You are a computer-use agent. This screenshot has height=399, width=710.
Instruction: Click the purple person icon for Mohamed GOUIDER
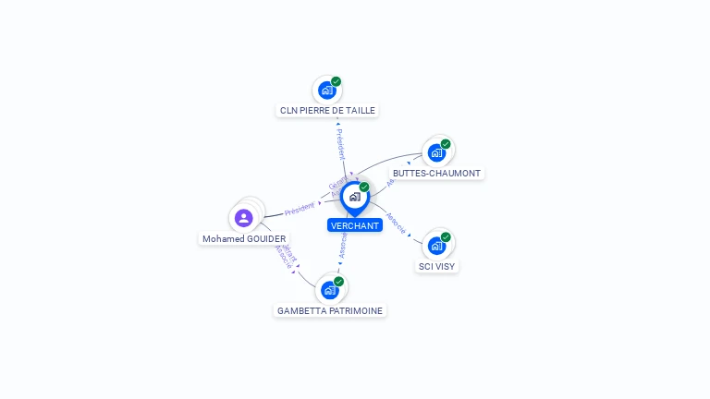click(243, 218)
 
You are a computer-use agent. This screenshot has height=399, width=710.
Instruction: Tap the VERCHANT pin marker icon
click(354, 197)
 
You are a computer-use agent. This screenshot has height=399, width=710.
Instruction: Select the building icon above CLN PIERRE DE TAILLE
click(326, 91)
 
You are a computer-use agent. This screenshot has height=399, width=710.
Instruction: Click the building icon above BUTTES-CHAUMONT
click(436, 153)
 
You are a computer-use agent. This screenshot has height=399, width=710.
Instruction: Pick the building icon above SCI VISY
click(436, 246)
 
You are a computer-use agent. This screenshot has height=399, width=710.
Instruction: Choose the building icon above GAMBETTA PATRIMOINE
click(329, 290)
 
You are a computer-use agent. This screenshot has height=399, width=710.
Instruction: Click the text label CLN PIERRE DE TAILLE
click(328, 110)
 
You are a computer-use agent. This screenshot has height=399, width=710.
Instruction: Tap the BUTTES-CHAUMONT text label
click(436, 173)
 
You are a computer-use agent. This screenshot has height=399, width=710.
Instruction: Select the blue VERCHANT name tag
click(355, 225)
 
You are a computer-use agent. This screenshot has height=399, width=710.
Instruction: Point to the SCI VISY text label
click(436, 266)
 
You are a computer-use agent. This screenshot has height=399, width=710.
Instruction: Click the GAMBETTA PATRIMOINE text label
click(330, 311)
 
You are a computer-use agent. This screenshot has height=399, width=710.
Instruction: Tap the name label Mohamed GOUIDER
click(244, 239)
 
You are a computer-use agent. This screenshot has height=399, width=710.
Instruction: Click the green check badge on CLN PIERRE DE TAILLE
click(337, 81)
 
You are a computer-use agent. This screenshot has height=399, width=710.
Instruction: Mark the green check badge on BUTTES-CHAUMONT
click(446, 144)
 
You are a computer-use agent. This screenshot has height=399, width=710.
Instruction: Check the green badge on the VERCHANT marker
click(364, 187)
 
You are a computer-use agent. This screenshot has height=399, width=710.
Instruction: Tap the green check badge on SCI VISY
click(446, 237)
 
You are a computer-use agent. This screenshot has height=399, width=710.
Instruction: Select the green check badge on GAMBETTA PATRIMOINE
click(339, 281)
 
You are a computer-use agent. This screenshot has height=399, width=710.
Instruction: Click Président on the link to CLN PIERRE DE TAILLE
click(340, 145)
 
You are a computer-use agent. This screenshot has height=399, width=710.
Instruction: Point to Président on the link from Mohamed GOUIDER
click(300, 210)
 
